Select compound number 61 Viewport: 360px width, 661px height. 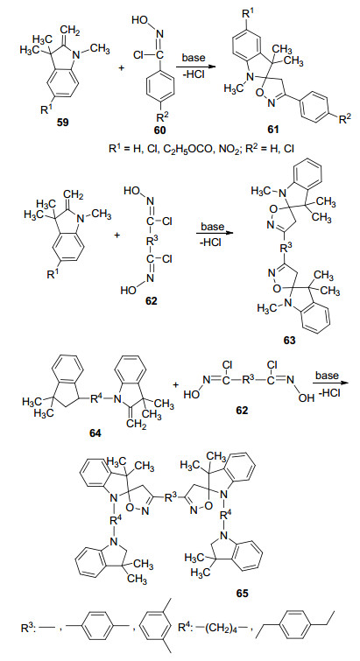click(272, 129)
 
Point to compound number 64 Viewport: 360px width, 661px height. click(95, 433)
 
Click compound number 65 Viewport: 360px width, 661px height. click(243, 593)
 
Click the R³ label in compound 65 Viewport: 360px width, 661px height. click(170, 498)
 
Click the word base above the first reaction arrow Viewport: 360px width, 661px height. click(194, 57)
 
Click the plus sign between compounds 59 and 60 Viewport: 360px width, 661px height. click(122, 67)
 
